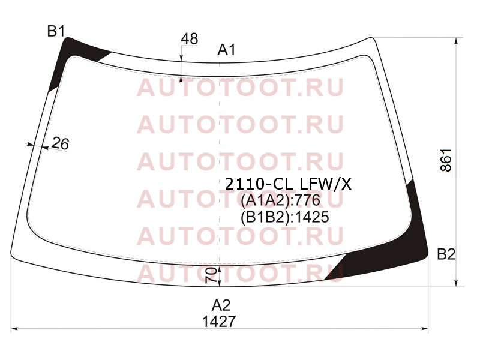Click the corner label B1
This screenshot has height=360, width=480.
(56, 32)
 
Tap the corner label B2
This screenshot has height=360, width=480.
(446, 254)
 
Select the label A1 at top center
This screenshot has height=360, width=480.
(227, 50)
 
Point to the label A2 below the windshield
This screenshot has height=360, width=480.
(221, 305)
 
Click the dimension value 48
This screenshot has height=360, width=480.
(190, 39)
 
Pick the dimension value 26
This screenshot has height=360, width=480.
(61, 143)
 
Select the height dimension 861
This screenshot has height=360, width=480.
(446, 160)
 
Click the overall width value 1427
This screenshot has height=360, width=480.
(219, 321)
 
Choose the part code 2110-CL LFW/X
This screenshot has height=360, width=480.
(289, 184)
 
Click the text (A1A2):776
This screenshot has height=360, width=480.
(280, 200)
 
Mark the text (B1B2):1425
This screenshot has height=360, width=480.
(285, 217)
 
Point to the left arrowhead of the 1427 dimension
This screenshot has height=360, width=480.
(14, 329)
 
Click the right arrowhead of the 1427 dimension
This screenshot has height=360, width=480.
(425, 329)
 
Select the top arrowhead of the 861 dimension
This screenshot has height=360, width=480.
(457, 41)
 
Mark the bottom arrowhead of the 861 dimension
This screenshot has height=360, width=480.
(457, 283)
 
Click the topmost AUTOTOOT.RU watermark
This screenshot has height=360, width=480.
(241, 87)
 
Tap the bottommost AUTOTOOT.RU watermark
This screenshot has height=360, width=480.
(241, 273)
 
